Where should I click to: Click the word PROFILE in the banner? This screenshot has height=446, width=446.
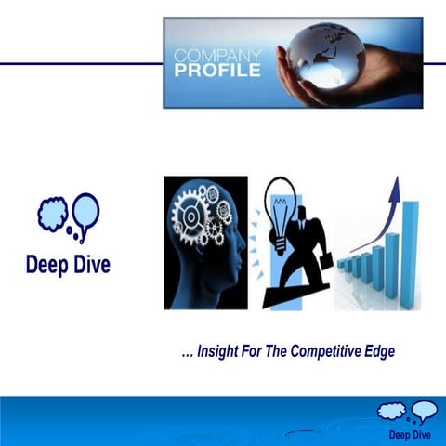(217, 71)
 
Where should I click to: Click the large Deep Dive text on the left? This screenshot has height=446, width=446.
(68, 265)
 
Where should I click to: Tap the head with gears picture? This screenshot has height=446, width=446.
(205, 243)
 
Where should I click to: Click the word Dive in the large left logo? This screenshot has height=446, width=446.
(92, 265)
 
